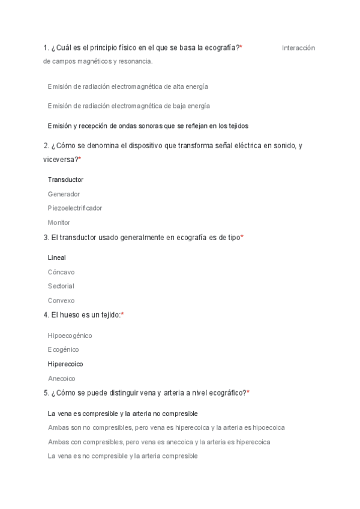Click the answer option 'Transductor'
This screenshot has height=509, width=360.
[65, 179]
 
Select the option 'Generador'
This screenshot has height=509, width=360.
[64, 194]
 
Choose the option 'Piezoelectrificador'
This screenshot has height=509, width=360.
[75, 208]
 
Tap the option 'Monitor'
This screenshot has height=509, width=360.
[59, 223]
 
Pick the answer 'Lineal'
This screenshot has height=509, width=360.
[57, 258]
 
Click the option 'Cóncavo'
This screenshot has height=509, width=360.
[61, 272]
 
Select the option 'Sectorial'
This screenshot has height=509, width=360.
[61, 286]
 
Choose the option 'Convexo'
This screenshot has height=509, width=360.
[61, 301]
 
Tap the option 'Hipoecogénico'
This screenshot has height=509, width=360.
[70, 336]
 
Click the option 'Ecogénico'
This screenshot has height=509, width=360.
[64, 349]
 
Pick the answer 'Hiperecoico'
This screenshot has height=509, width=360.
[65, 364]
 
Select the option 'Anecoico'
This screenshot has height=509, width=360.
[62, 379]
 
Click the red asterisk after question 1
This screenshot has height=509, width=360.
[241, 47]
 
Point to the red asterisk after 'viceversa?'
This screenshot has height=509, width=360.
[80, 159]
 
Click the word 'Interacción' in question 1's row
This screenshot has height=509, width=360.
[298, 48]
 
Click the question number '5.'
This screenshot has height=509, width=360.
[46, 393]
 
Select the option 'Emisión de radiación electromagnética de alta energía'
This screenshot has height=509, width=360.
[128, 86]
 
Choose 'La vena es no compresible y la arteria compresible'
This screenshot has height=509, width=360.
[122, 456]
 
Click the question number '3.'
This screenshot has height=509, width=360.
[46, 238]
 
